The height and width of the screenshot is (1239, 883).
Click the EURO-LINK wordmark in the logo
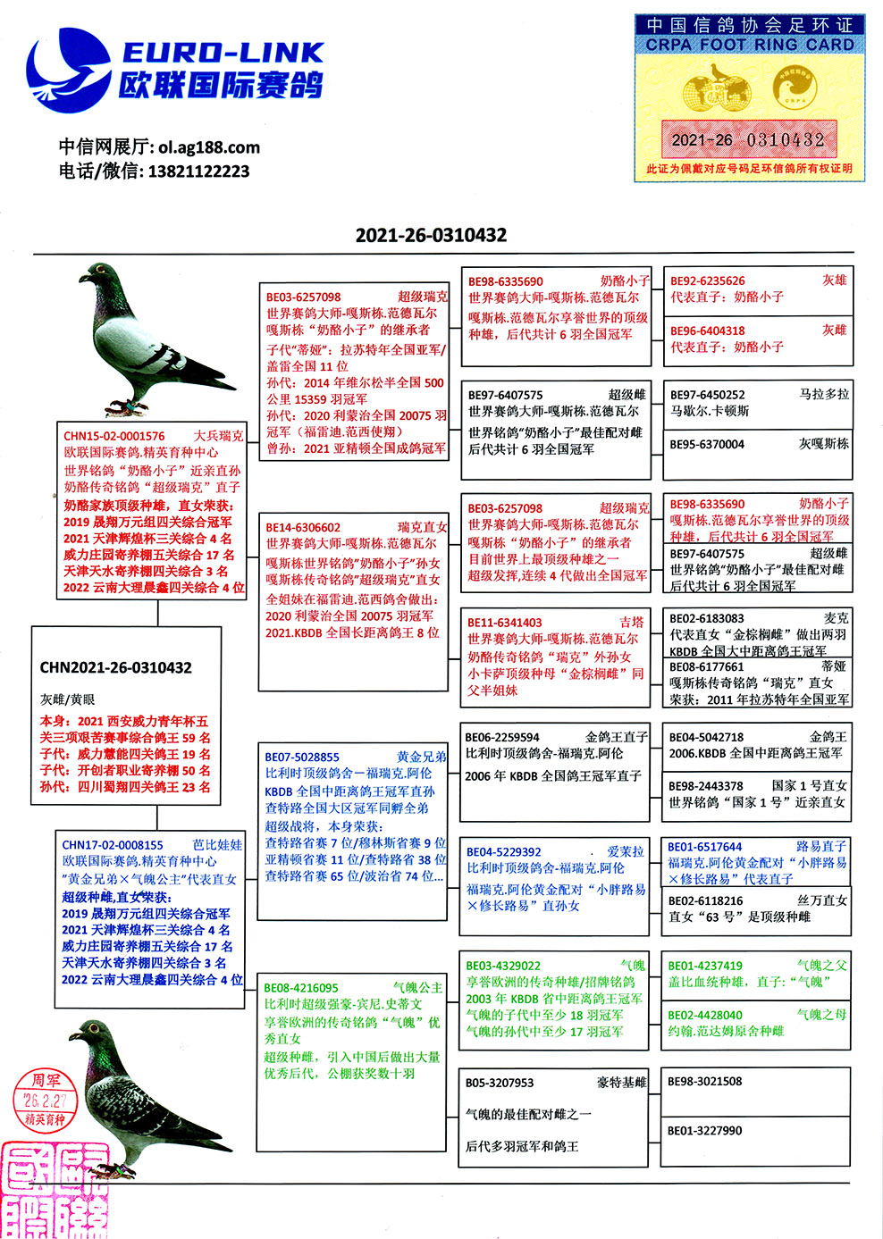[223, 53]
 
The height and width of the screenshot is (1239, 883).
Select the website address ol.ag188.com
[209, 147]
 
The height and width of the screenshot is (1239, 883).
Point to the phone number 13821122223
[198, 172]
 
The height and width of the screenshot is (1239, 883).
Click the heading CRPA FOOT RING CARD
[750, 45]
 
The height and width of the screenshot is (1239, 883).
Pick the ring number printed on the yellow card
[748, 140]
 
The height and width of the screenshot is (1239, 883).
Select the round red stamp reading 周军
[46, 1099]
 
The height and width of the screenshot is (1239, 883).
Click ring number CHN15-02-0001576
[114, 436]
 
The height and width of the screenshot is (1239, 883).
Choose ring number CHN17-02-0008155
[113, 845]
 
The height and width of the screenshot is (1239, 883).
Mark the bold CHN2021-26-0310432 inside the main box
[115, 667]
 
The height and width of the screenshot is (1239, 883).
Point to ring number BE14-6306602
[303, 528]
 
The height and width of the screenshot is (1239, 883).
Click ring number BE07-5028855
[302, 757]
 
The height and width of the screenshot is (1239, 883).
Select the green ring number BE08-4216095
[301, 988]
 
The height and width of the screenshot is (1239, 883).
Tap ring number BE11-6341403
[505, 623]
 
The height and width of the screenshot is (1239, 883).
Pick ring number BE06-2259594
[502, 738]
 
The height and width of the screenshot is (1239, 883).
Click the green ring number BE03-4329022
[503, 966]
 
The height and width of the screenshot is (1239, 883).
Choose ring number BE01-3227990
[705, 1131]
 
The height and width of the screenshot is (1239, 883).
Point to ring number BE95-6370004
[707, 444]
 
